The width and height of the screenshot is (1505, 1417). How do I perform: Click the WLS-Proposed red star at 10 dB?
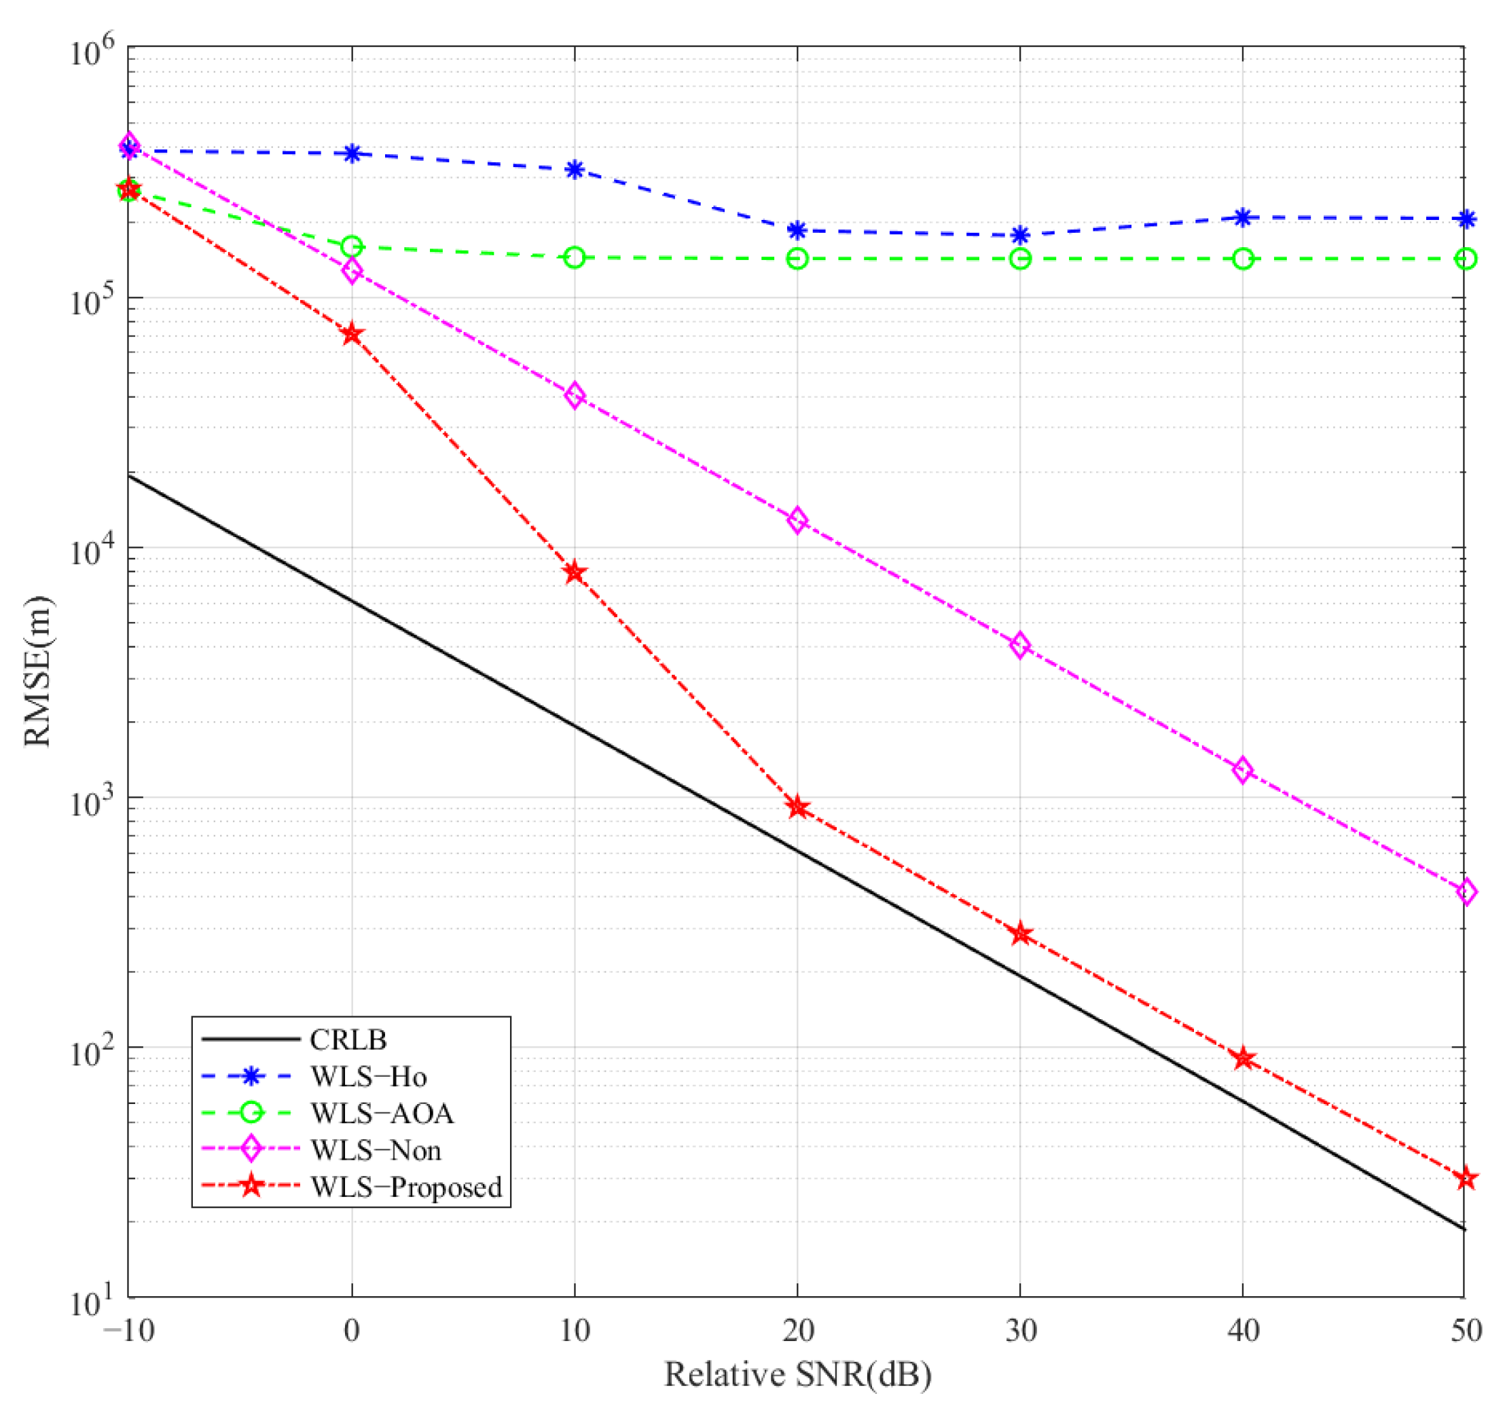tap(575, 572)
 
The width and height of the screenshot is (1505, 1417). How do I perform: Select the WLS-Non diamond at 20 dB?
tap(797, 520)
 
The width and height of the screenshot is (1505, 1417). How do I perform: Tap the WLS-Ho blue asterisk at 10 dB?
tap(575, 169)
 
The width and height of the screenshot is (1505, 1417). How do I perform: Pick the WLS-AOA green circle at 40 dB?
tap(1242, 259)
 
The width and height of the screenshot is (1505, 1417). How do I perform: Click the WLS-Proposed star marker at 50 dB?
tap(1466, 1179)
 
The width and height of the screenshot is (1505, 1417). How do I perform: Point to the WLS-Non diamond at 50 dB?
tap(1466, 891)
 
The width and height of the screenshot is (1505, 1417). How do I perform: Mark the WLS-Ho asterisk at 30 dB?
tap(1019, 235)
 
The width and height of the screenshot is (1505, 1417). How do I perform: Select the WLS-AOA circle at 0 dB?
tap(351, 246)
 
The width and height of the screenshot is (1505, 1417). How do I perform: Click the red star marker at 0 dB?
tap(351, 334)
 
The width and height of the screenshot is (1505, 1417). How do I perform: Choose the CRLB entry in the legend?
tap(348, 1040)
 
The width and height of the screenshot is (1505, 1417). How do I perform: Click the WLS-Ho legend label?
tap(368, 1077)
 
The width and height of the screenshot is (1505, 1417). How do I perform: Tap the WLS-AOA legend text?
tap(382, 1114)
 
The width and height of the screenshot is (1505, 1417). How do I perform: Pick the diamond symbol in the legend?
tap(251, 1149)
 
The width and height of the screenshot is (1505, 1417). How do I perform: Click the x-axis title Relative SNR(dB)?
tap(797, 1375)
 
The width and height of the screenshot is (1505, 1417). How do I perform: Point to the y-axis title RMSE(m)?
tap(38, 671)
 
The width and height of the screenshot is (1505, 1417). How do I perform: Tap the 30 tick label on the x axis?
tap(1019, 1330)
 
